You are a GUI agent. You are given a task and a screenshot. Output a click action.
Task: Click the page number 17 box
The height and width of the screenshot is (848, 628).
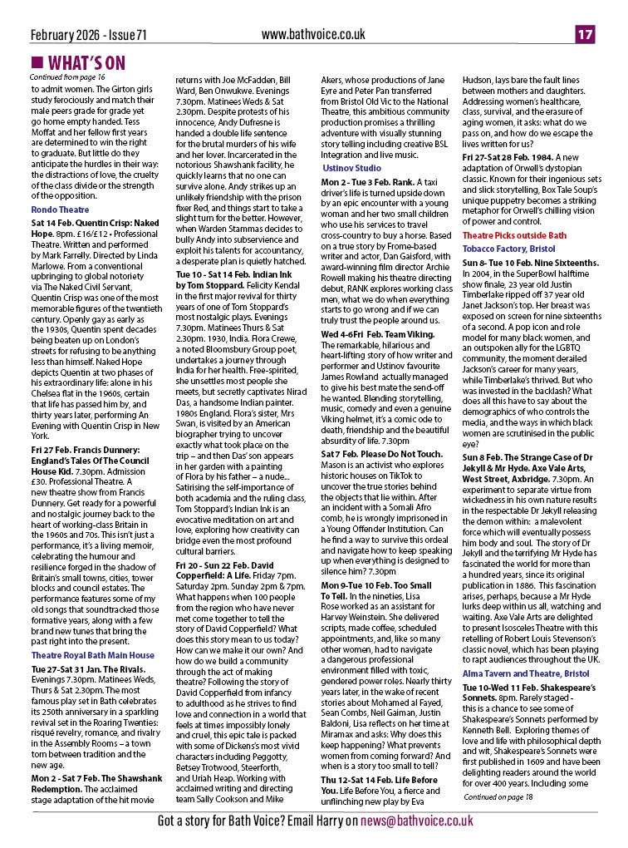585,34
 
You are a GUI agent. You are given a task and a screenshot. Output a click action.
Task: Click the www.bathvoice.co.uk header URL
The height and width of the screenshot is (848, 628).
313,34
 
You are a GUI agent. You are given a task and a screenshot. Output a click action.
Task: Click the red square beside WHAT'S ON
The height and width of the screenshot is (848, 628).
37,63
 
